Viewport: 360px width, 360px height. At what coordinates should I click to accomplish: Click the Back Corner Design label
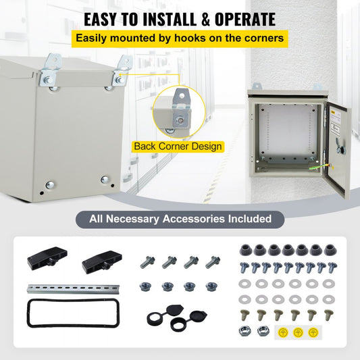[x=178, y=146]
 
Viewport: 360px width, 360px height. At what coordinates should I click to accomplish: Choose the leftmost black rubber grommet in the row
[x=245, y=250]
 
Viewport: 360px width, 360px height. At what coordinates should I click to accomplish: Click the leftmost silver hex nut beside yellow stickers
[x=245, y=331]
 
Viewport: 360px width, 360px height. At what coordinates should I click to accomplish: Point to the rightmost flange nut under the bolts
[x=211, y=287]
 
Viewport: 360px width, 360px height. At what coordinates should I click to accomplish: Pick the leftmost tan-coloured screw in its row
[x=245, y=314]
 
